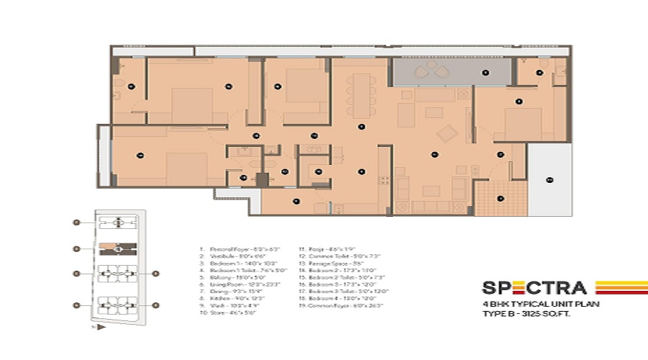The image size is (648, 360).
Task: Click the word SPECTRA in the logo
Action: tap(534, 289)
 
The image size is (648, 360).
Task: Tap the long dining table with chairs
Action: tap(359, 94)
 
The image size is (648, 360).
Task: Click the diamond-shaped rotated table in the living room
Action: tap(447, 133)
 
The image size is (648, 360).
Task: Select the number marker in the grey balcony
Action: tap(485, 73)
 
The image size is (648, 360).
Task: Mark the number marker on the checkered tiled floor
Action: tap(500, 199)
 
